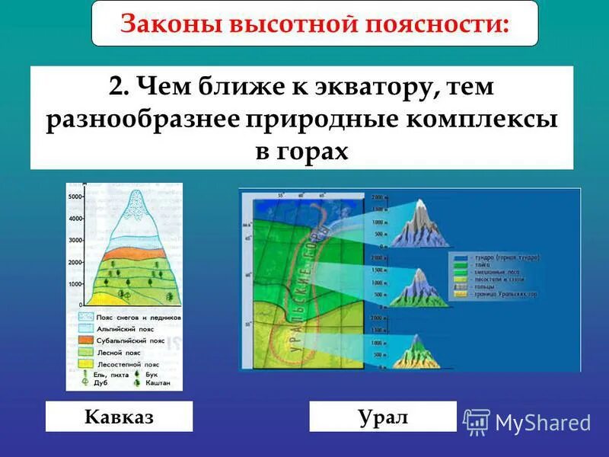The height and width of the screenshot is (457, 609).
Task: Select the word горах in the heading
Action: pos(313,149)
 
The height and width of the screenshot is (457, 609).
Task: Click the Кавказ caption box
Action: pos(119,417)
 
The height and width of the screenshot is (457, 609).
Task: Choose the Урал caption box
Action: pos(383,417)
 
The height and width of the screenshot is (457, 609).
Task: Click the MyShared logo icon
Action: pos(477,421)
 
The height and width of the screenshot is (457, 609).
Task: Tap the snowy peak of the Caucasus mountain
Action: pos(137,206)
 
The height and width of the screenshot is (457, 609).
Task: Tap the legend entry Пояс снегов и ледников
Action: pos(129,317)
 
